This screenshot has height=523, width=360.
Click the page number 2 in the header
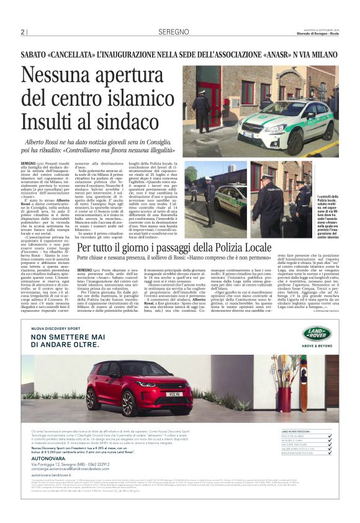pos(22,31)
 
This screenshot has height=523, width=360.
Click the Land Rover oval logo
pos(322,334)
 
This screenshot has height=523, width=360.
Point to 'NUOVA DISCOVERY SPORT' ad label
pos(56,327)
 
